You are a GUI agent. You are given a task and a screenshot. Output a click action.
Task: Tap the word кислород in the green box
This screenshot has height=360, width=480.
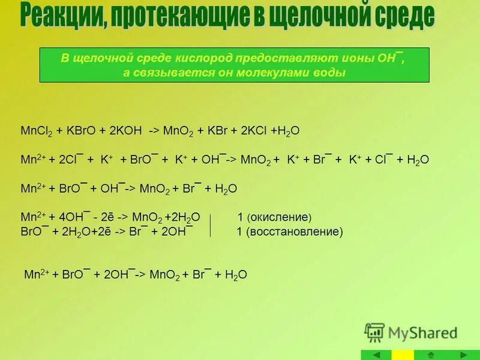(203, 59)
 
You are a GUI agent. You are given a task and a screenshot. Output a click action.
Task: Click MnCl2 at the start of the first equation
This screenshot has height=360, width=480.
(37, 130)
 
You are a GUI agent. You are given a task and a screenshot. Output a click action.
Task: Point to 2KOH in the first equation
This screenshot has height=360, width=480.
(124, 130)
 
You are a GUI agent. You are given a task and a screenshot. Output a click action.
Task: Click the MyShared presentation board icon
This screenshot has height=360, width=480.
(374, 332)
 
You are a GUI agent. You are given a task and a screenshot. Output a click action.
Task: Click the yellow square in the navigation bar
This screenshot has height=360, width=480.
(403, 355)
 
